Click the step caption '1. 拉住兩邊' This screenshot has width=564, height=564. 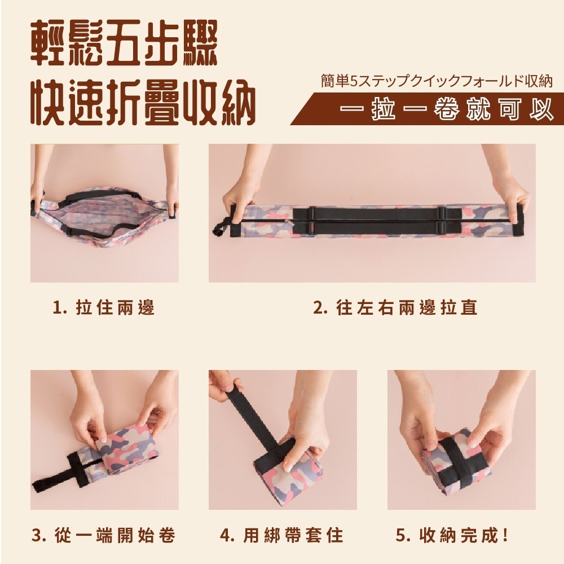[103, 308]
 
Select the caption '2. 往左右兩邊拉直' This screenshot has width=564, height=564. [395, 308]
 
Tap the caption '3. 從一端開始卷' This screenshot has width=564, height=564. [104, 535]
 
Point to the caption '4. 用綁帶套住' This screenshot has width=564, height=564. [281, 535]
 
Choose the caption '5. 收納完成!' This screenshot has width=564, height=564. [452, 535]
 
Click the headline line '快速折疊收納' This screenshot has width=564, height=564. [143, 102]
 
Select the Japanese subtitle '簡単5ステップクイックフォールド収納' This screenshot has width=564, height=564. [437, 81]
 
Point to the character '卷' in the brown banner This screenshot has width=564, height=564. [446, 109]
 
